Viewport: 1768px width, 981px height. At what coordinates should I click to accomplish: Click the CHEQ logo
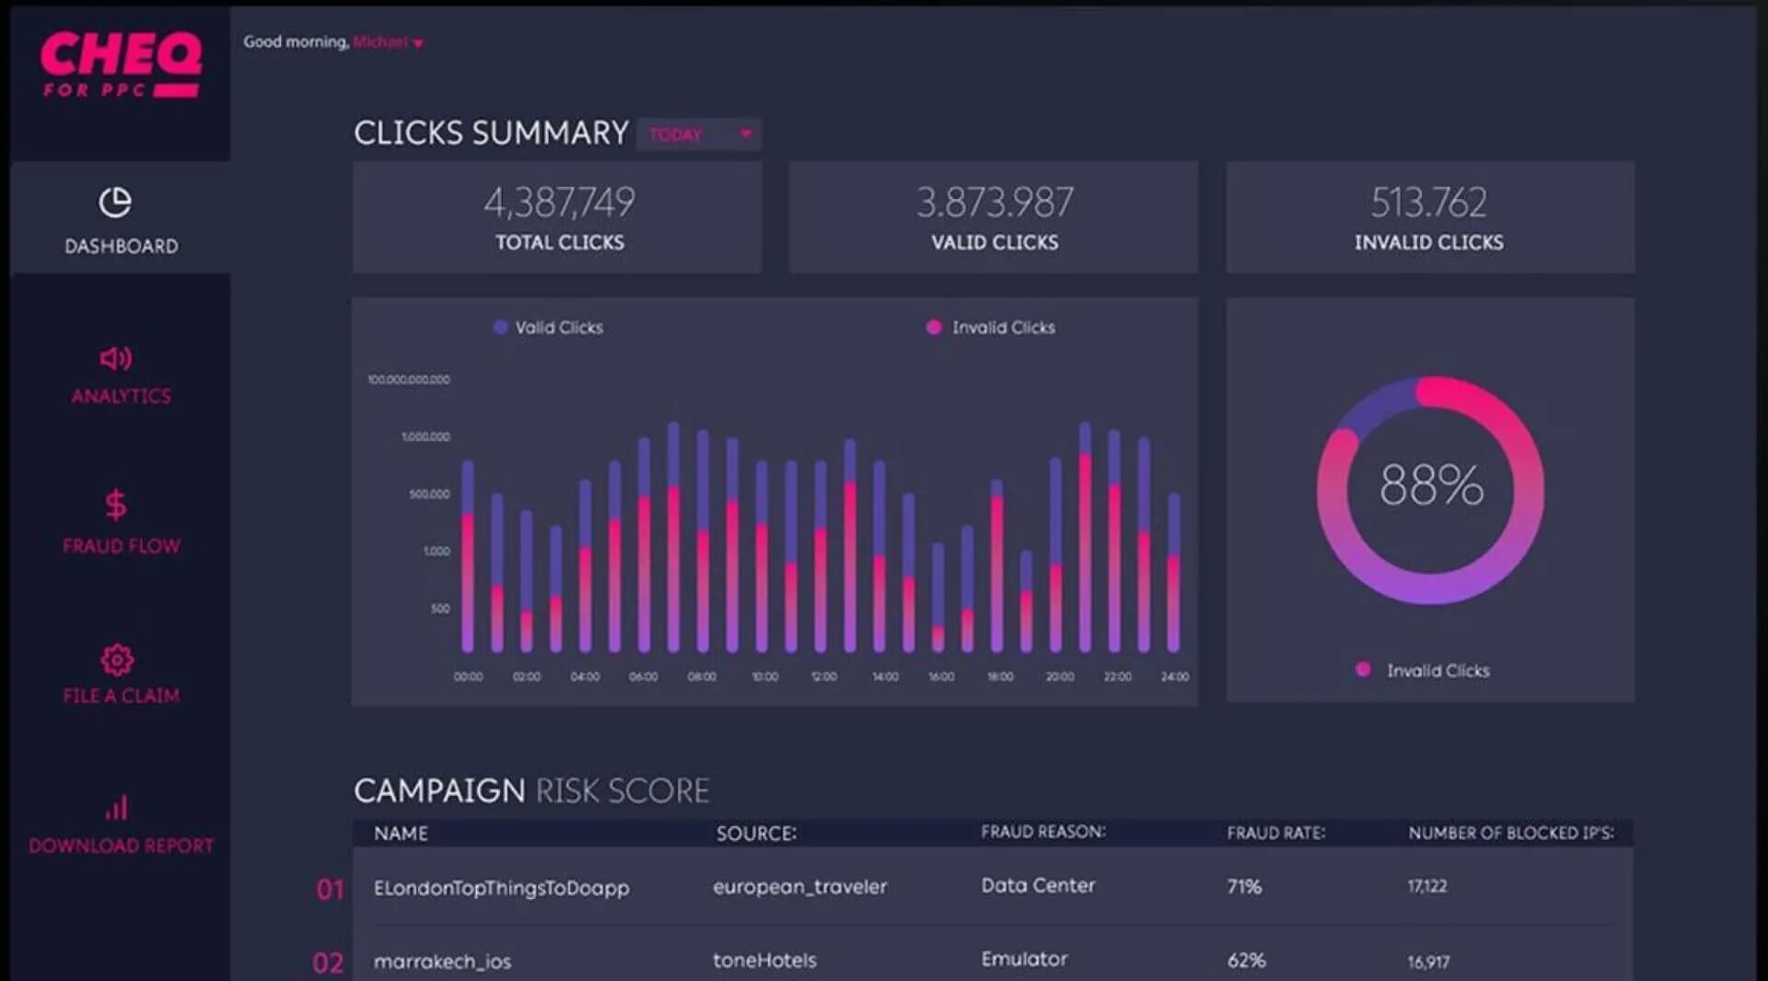click(x=120, y=63)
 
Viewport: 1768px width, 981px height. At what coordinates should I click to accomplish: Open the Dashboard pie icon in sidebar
click(x=115, y=203)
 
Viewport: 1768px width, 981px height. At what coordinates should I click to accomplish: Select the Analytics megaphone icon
click(x=115, y=357)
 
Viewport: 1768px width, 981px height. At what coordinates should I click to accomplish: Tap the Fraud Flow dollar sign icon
click(x=116, y=505)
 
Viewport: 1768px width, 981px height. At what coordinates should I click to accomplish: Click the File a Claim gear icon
click(x=117, y=660)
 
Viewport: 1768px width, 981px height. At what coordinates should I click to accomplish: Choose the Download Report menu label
click(x=121, y=846)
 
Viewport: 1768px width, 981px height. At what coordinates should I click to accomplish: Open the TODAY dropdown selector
click(x=699, y=134)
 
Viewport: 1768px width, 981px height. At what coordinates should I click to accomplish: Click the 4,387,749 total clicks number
click(x=559, y=203)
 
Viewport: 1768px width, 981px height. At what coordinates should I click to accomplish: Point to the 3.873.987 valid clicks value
click(x=994, y=203)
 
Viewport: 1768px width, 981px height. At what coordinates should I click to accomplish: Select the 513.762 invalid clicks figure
click(x=1428, y=203)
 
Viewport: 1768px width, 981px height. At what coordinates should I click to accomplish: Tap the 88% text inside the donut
click(x=1431, y=485)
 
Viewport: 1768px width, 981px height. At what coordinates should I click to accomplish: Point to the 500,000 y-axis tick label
click(x=429, y=495)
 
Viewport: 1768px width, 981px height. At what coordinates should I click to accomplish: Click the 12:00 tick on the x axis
click(x=823, y=677)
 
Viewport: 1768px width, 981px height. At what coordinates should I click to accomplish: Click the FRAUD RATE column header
click(x=1275, y=833)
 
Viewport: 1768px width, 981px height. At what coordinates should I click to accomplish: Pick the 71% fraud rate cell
click(x=1244, y=886)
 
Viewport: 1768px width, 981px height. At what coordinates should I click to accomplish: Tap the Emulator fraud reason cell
click(x=1024, y=959)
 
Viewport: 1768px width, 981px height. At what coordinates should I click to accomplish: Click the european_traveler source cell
click(x=799, y=886)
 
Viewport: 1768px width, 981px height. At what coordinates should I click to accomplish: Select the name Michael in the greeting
click(x=380, y=42)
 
